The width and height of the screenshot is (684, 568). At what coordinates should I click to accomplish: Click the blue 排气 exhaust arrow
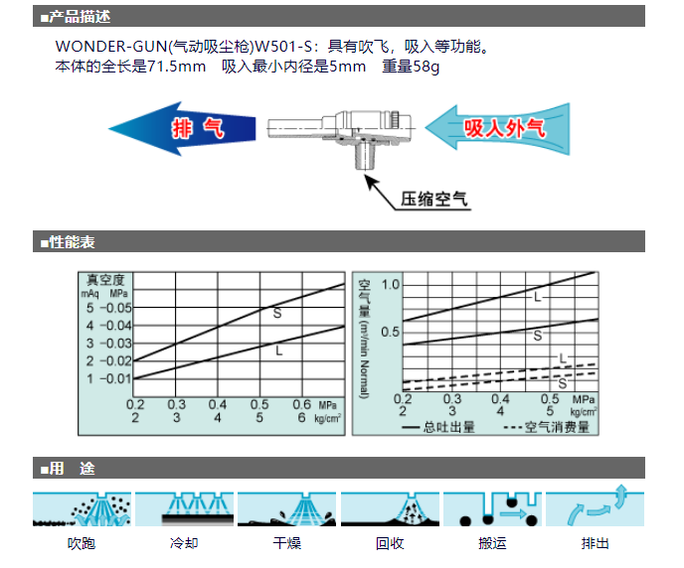tap(182, 129)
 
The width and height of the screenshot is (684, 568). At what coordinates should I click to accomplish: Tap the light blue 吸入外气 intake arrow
tap(498, 128)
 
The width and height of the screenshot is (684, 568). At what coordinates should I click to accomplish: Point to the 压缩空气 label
tap(434, 199)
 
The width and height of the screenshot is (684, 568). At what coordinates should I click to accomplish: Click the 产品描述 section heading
tap(80, 17)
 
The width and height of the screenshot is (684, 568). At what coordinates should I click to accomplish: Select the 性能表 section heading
tap(72, 241)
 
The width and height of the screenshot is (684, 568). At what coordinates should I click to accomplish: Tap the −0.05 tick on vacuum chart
tap(115, 308)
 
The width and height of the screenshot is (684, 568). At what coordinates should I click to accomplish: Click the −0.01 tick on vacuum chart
tap(115, 378)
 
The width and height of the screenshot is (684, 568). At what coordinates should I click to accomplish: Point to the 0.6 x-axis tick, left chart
tap(301, 405)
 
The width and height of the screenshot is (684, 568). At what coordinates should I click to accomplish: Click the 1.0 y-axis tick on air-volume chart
tap(391, 285)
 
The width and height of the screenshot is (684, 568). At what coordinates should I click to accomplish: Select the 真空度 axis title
tap(105, 280)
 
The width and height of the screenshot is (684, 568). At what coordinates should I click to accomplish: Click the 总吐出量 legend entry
tap(438, 427)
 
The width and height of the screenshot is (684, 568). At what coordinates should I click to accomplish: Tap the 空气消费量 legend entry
tap(546, 427)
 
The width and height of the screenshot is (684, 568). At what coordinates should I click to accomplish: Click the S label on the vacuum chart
tap(277, 313)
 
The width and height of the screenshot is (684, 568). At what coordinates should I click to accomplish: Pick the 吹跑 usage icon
tap(82, 508)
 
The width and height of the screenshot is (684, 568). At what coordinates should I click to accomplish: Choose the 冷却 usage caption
tap(184, 543)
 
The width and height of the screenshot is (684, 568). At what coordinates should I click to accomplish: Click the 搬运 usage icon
tap(492, 508)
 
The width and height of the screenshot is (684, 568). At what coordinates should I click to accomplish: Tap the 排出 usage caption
tap(595, 543)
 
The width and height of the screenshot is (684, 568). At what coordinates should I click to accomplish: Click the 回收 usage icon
tap(390, 508)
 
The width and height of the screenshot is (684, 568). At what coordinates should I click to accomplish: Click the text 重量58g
tap(411, 67)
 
